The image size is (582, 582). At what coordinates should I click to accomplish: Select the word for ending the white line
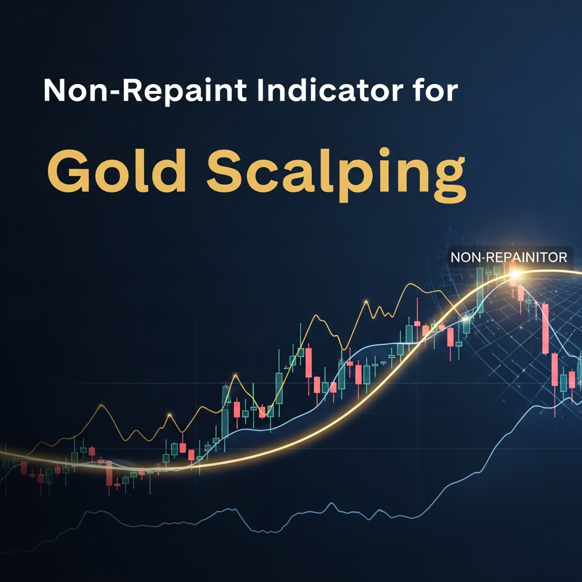[435, 91]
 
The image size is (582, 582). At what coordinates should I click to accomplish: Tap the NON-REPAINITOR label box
[509, 257]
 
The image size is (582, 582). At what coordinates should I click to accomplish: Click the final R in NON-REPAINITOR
[562, 257]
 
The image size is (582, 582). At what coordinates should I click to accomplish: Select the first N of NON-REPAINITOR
[455, 257]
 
